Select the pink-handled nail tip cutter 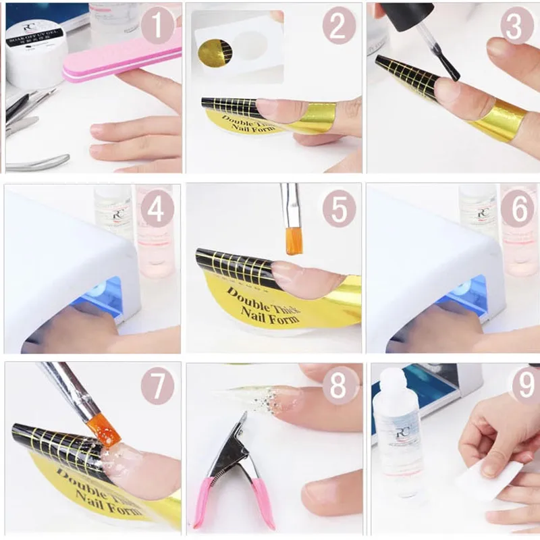click(233, 473)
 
